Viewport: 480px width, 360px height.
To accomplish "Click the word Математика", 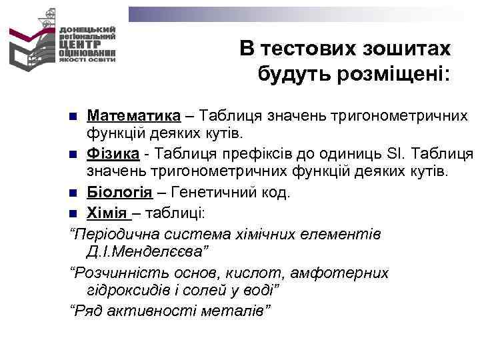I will (133, 116).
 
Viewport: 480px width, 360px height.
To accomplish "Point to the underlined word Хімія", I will (108, 213).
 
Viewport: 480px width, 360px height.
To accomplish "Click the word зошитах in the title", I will (408, 49).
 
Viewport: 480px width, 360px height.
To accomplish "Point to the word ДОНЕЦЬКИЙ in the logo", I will (87, 30).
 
